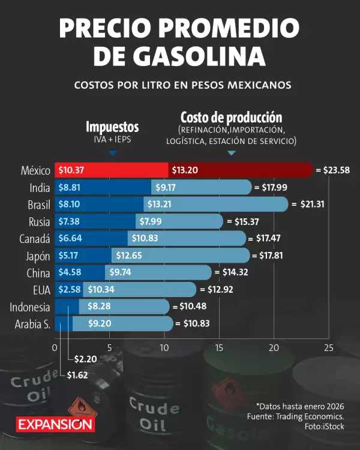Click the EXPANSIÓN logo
(x=55, y=423)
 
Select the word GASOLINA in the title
(x=199, y=56)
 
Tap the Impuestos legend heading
(x=112, y=127)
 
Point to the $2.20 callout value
(x=85, y=359)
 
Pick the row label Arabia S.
(x=32, y=325)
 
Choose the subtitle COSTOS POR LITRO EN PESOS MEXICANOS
(x=182, y=85)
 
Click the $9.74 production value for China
(x=122, y=273)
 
